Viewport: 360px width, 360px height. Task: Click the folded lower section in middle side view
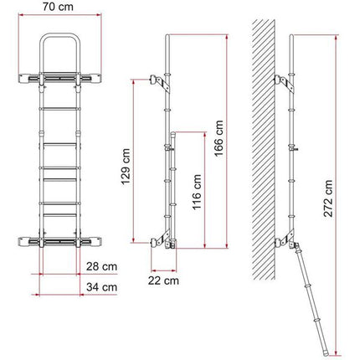pos(173,184)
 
